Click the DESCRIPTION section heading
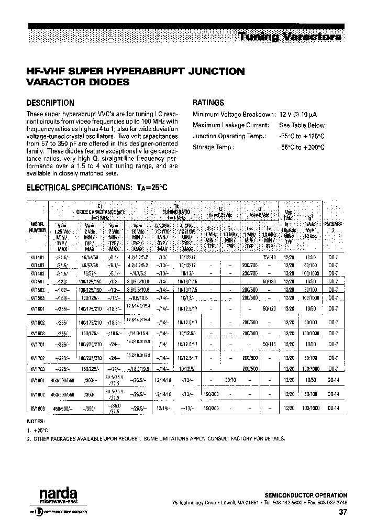coord(50,103)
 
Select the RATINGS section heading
coord(208,103)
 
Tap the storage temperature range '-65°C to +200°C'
coord(302,148)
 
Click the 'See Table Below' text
coord(302,126)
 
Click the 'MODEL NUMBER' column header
coord(37,227)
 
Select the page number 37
coord(342,513)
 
